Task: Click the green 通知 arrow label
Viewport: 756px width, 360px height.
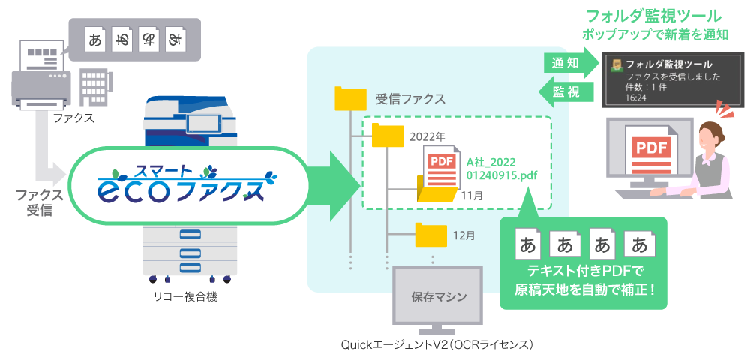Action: pos(567,64)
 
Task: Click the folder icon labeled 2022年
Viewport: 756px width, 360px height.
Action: pos(387,136)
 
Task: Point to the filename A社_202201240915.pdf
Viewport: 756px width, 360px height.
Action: pos(502,169)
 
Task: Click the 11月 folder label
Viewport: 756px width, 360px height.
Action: pos(472,196)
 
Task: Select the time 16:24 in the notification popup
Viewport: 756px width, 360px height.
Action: pos(636,97)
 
